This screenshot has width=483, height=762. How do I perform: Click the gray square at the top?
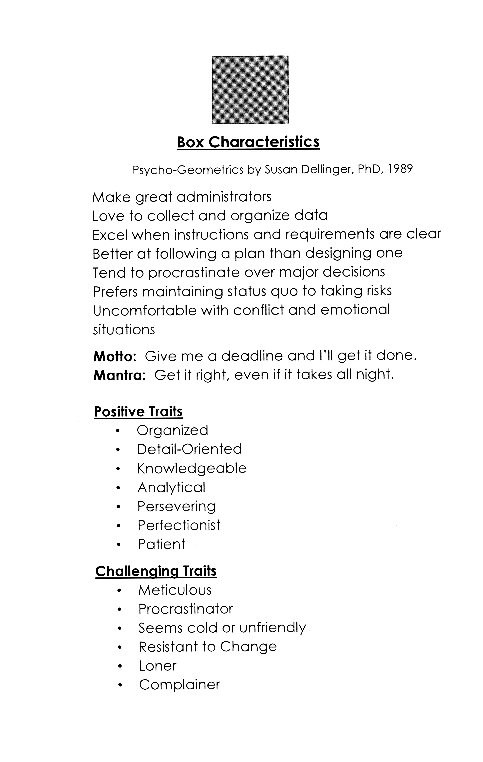coord(250,90)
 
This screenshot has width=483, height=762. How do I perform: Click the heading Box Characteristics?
coord(248,142)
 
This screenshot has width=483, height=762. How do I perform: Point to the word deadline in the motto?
coord(252,356)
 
